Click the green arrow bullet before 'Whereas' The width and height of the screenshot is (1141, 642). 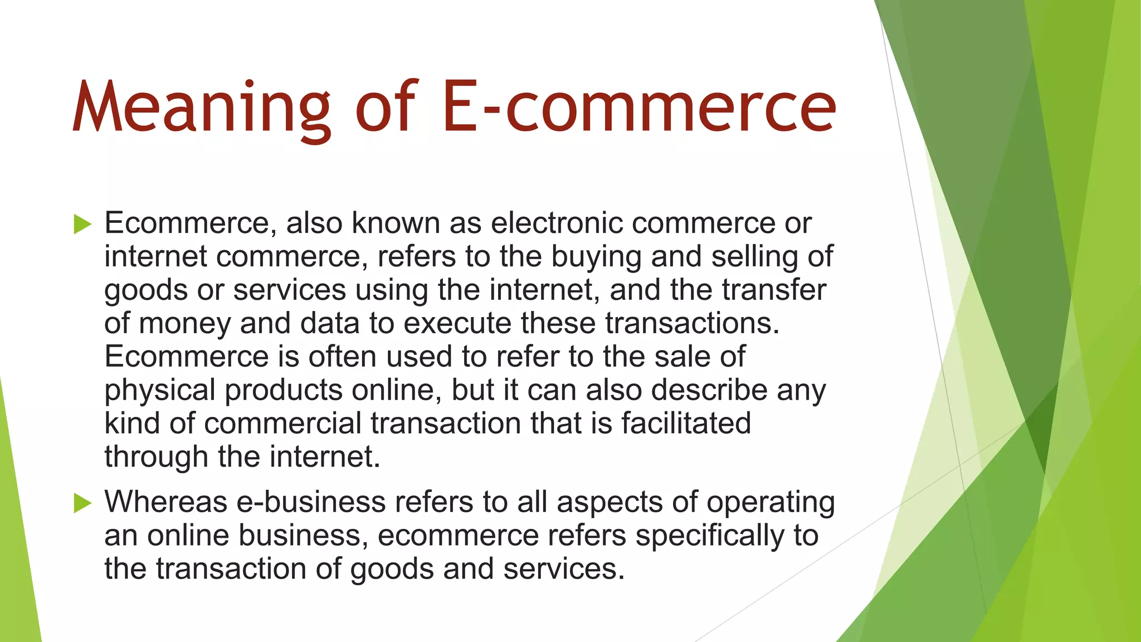[82, 503]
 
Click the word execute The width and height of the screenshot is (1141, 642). [457, 323]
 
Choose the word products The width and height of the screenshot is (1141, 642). [284, 390]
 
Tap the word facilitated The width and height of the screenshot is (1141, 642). [686, 424]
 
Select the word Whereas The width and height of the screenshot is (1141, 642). [165, 502]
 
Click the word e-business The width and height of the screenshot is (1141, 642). [311, 502]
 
